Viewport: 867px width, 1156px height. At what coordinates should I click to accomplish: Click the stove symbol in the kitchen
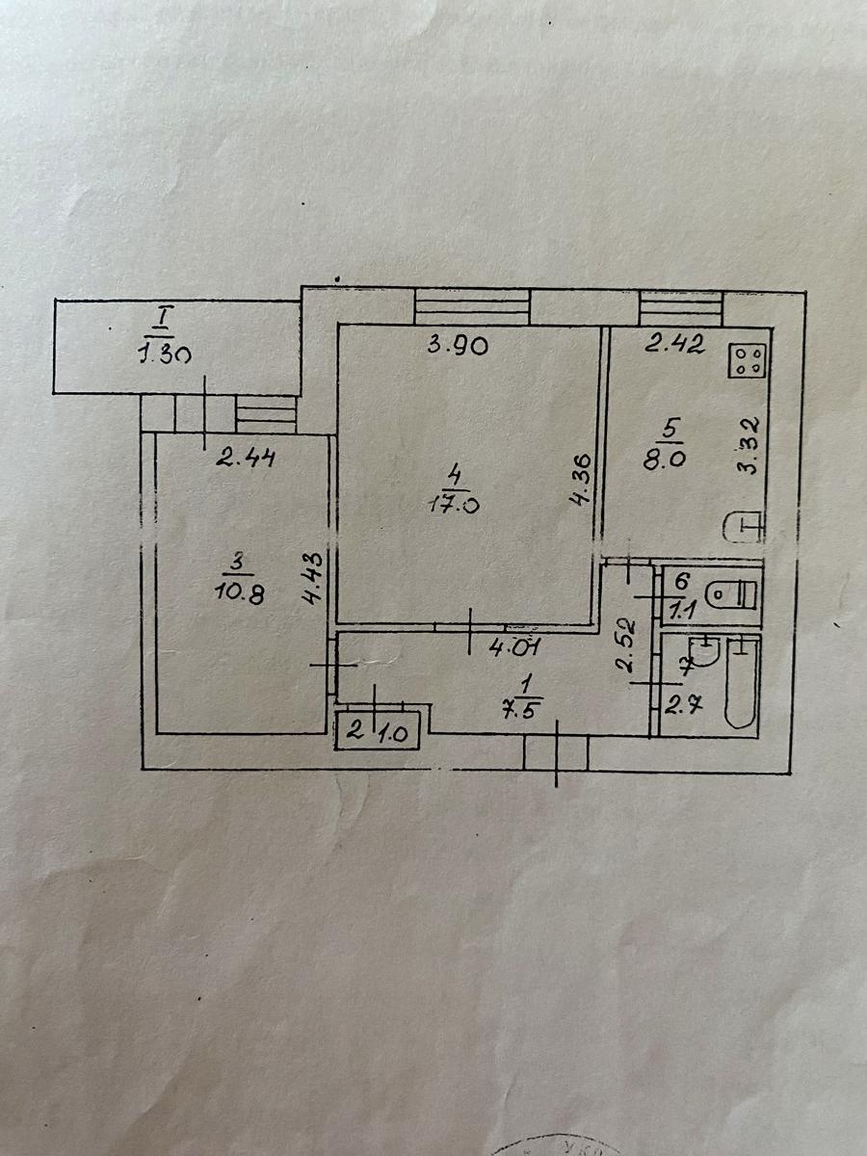point(748,361)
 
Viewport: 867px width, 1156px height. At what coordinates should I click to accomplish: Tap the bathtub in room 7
point(742,682)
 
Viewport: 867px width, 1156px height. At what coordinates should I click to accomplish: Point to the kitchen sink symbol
point(744,526)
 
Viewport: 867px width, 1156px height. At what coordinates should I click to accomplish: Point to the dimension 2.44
point(246,459)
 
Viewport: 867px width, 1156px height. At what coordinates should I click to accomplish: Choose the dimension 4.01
point(513,646)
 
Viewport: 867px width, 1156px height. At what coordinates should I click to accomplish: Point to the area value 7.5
point(526,699)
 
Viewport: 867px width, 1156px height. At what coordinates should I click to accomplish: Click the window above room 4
point(472,308)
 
